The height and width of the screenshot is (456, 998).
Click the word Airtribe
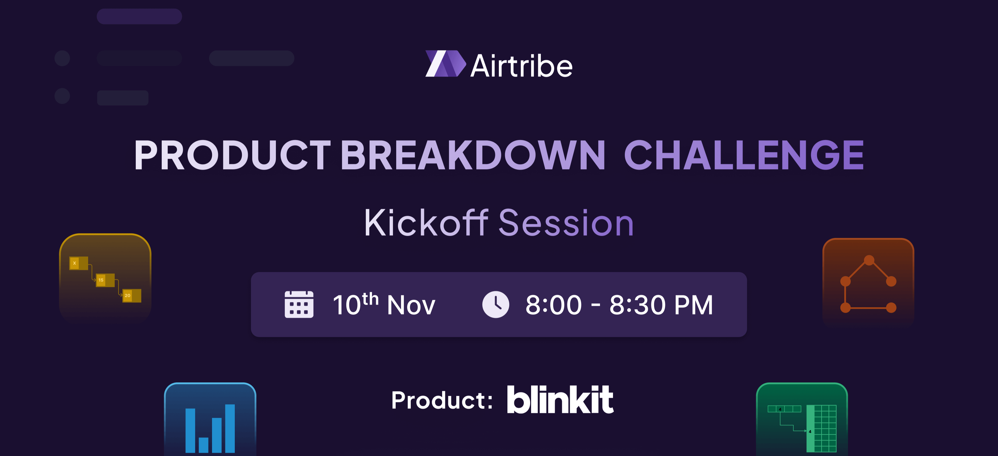click(x=521, y=65)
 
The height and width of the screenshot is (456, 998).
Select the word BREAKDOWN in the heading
click(x=473, y=155)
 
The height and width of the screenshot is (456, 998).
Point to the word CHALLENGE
click(x=744, y=155)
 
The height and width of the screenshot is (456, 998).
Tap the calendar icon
click(x=299, y=304)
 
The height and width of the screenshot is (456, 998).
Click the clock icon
click(x=496, y=304)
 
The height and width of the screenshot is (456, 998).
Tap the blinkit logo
click(x=560, y=399)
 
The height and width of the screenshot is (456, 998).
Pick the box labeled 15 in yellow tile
click(x=105, y=280)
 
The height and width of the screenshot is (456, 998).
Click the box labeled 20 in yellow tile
click(x=132, y=296)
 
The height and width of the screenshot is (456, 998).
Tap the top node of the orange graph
click(x=869, y=260)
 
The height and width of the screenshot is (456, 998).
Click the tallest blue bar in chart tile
click(x=230, y=428)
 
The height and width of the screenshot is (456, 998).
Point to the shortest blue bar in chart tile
click(x=203, y=445)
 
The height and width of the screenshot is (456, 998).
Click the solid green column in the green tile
click(x=810, y=428)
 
